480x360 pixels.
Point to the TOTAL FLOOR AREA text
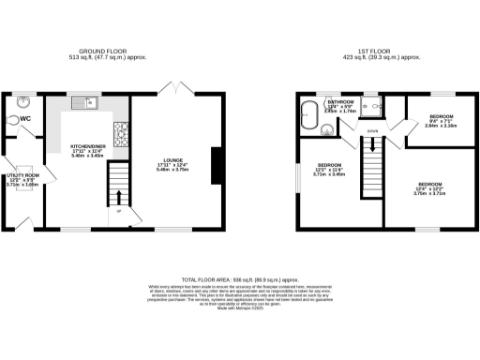[239, 279]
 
